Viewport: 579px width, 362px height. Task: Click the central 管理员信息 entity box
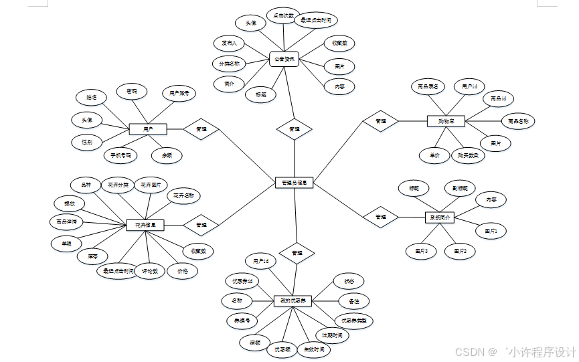pyautogui.click(x=295, y=182)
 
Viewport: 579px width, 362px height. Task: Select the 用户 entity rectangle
pyautogui.click(x=147, y=128)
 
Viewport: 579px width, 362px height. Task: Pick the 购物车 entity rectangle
pyautogui.click(x=446, y=121)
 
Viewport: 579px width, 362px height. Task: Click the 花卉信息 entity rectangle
pyautogui.click(x=145, y=225)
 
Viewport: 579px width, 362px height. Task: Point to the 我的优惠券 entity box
pyautogui.click(x=293, y=301)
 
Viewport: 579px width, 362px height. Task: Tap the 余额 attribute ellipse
pyautogui.click(x=167, y=155)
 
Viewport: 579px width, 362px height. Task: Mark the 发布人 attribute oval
pyautogui.click(x=229, y=43)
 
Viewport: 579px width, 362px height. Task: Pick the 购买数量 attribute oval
pyautogui.click(x=467, y=155)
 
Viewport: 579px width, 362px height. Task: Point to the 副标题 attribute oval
pyautogui.click(x=460, y=188)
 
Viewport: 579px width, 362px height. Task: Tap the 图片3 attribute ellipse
pyautogui.click(x=421, y=252)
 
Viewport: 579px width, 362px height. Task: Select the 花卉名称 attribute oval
pyautogui.click(x=183, y=196)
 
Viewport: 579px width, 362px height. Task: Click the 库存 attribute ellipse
pyautogui.click(x=92, y=256)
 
